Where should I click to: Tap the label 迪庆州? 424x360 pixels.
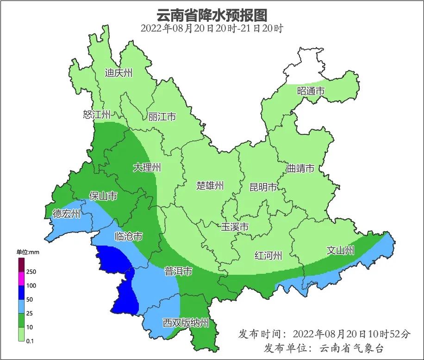coord(118,73)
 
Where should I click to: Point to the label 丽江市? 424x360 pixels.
coord(162,117)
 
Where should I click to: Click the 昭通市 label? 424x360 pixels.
coord(311,91)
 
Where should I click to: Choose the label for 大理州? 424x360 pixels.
coord(147,167)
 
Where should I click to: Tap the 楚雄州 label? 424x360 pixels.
coord(210,186)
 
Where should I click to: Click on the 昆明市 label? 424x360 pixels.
coord(263,187)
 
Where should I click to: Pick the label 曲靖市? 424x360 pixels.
coord(300,168)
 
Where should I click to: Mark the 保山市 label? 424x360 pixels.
coord(103,196)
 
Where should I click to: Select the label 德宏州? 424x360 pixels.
coord(66,214)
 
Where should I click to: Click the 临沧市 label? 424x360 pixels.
coord(128,236)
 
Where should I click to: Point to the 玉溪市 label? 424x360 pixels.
coord(235,227)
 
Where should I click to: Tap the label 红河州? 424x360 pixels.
coord(268,255)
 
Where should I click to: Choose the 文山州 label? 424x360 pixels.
coord(340,251)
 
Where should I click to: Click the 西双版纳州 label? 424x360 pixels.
coord(186,322)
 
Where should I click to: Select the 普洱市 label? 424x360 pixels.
coord(178,272)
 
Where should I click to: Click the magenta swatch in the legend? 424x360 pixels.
coord(21,279)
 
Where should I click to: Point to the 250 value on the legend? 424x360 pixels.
coord(31,272)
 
